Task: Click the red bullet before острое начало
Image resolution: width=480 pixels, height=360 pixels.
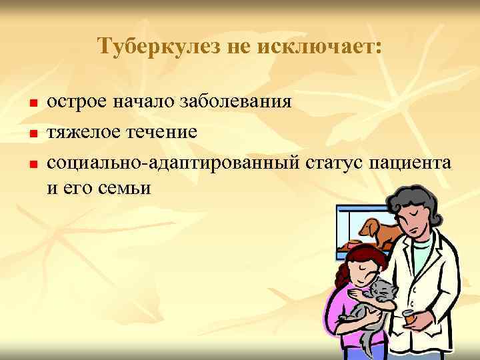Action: [32, 104]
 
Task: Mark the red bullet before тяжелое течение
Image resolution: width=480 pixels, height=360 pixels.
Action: [32, 133]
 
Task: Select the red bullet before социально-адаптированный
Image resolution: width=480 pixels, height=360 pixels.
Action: [32, 163]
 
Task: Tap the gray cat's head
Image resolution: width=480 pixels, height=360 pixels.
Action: [383, 290]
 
